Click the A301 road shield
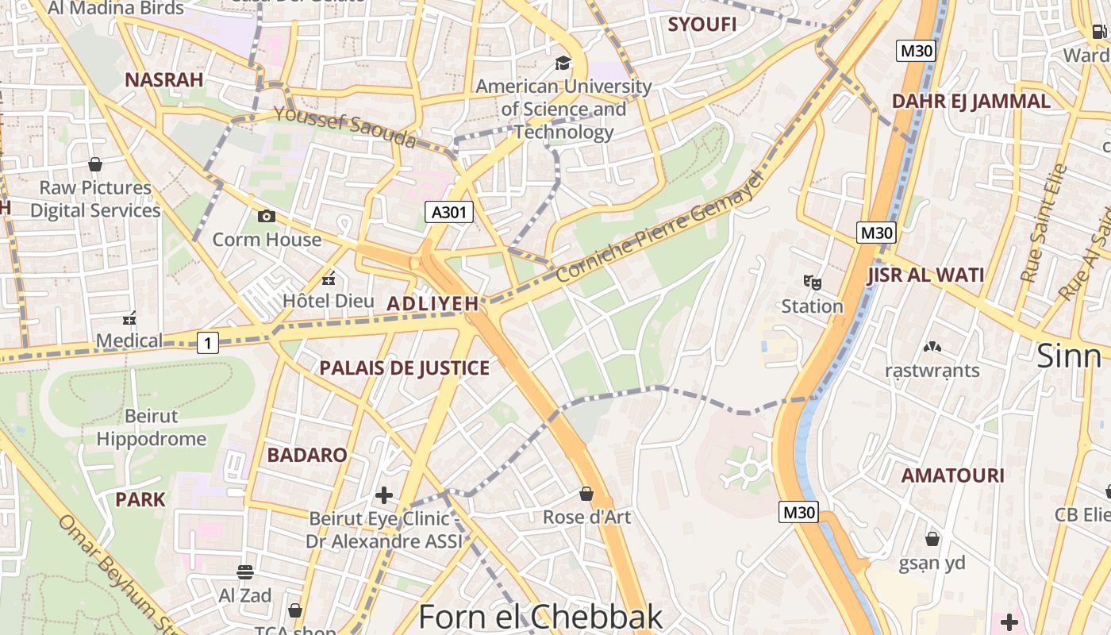point(449,212)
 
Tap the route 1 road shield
point(208,343)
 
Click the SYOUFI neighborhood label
point(702,25)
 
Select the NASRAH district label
point(164,79)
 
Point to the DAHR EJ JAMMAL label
point(971,102)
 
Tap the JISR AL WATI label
point(925,275)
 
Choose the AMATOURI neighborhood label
point(952,475)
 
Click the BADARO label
point(307,455)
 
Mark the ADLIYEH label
point(432,303)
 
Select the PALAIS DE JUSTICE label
point(404,368)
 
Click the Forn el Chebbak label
point(540,617)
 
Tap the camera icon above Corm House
point(267,216)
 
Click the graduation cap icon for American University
point(563,63)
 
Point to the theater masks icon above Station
point(812,282)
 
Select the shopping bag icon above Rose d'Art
point(586,494)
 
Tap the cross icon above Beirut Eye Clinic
point(384,495)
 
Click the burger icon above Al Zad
point(245,571)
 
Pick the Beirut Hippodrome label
point(151,427)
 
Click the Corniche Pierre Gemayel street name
point(659,227)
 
